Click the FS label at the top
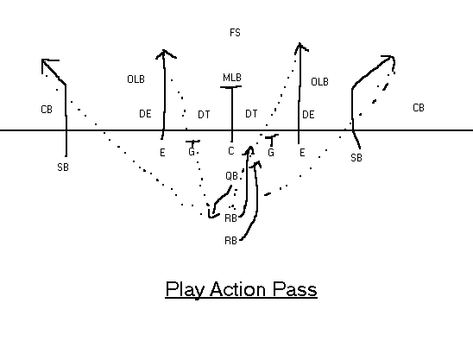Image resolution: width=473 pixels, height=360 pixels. pos(235,33)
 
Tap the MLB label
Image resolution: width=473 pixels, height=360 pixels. pos(232,78)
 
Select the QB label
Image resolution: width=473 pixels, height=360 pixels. pos(231,176)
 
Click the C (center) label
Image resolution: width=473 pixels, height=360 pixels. pos(231,151)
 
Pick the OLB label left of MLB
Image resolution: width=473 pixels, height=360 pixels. pos(136,79)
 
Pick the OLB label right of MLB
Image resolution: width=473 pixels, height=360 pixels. pos(319,82)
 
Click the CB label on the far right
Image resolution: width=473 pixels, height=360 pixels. pos(419,108)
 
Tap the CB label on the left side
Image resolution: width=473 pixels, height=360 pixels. pos(47,110)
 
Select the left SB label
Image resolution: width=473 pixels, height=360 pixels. pos(63,167)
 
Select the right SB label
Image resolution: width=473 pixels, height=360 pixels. pos(356,158)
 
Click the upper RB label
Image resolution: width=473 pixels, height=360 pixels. pos(230,218)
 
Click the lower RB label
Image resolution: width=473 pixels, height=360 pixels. pos(230,241)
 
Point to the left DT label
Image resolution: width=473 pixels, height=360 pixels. pos(204,115)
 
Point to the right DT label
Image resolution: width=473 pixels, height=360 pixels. pos(251,114)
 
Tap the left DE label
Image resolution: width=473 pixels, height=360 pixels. pos(145,114)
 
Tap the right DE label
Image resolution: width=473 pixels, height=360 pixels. pos(308,115)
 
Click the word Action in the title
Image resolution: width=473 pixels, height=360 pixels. pos(237,289)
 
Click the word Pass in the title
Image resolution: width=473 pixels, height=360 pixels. pos(294,289)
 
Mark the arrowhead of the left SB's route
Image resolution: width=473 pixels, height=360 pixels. pos(42,60)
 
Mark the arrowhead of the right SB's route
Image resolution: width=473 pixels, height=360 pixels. pos(393,57)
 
